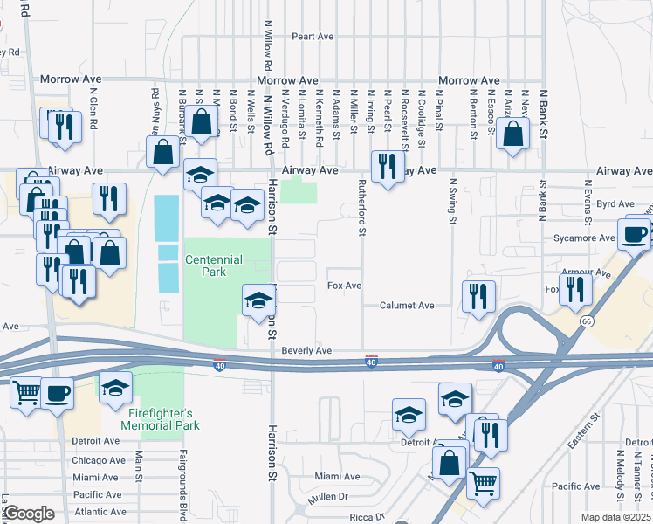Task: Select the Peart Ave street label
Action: click(313, 37)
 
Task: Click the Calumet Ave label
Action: click(406, 306)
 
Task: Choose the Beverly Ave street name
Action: click(306, 350)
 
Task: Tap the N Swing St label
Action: click(453, 202)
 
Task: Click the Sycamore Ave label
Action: click(584, 238)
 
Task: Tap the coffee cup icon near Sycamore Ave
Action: click(634, 233)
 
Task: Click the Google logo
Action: click(29, 514)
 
